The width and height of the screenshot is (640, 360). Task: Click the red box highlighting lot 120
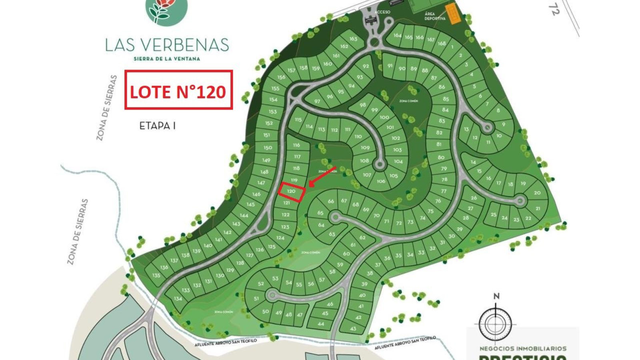pos(292,192)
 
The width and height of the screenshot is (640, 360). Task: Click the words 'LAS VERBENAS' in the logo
pos(167,44)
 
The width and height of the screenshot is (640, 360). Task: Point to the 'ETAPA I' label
pos(157,126)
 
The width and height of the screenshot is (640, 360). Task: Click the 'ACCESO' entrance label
pos(382,12)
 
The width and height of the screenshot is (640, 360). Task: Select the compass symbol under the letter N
pos(496,323)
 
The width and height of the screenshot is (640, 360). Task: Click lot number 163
pos(353,39)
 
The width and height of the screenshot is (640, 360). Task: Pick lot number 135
pos(156,275)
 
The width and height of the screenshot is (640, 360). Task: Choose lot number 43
pos(353,329)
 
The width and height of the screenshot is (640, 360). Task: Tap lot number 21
pos(538,208)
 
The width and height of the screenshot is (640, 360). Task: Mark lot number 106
pos(381,181)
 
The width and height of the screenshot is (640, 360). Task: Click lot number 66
pos(331,201)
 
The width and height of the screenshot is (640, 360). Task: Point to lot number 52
pos(261,284)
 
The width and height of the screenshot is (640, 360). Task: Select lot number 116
pos(296,145)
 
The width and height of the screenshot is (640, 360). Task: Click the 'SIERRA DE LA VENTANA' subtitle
pos(167,58)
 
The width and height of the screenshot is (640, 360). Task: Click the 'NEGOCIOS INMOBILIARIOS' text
pos(523,348)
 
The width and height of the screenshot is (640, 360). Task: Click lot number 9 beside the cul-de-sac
pos(504,124)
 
